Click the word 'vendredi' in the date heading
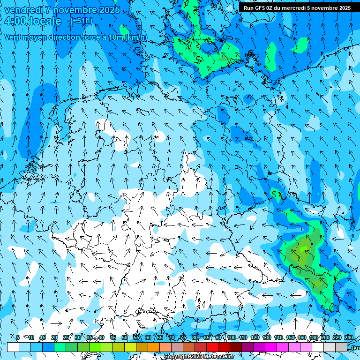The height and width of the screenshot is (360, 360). [22, 10]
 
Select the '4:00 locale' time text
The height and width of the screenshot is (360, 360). [33, 22]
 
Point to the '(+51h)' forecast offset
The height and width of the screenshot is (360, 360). [82, 21]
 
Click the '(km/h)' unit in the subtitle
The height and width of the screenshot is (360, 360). [136, 37]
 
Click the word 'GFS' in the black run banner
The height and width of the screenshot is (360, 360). [261, 8]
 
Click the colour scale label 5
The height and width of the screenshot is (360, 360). [18, 337]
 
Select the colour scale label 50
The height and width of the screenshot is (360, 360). [124, 337]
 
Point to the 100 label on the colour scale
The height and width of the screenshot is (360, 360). [232, 337]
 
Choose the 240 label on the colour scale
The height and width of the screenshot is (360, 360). [348, 337]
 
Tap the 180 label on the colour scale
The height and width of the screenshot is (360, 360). [313, 337]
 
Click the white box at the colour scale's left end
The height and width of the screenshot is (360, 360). [13, 347]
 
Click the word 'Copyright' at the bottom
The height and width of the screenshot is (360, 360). [177, 357]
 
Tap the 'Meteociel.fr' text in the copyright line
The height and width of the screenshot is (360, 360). [219, 357]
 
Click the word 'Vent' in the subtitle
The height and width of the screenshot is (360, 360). [13, 37]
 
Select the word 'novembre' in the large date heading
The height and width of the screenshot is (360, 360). [73, 10]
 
